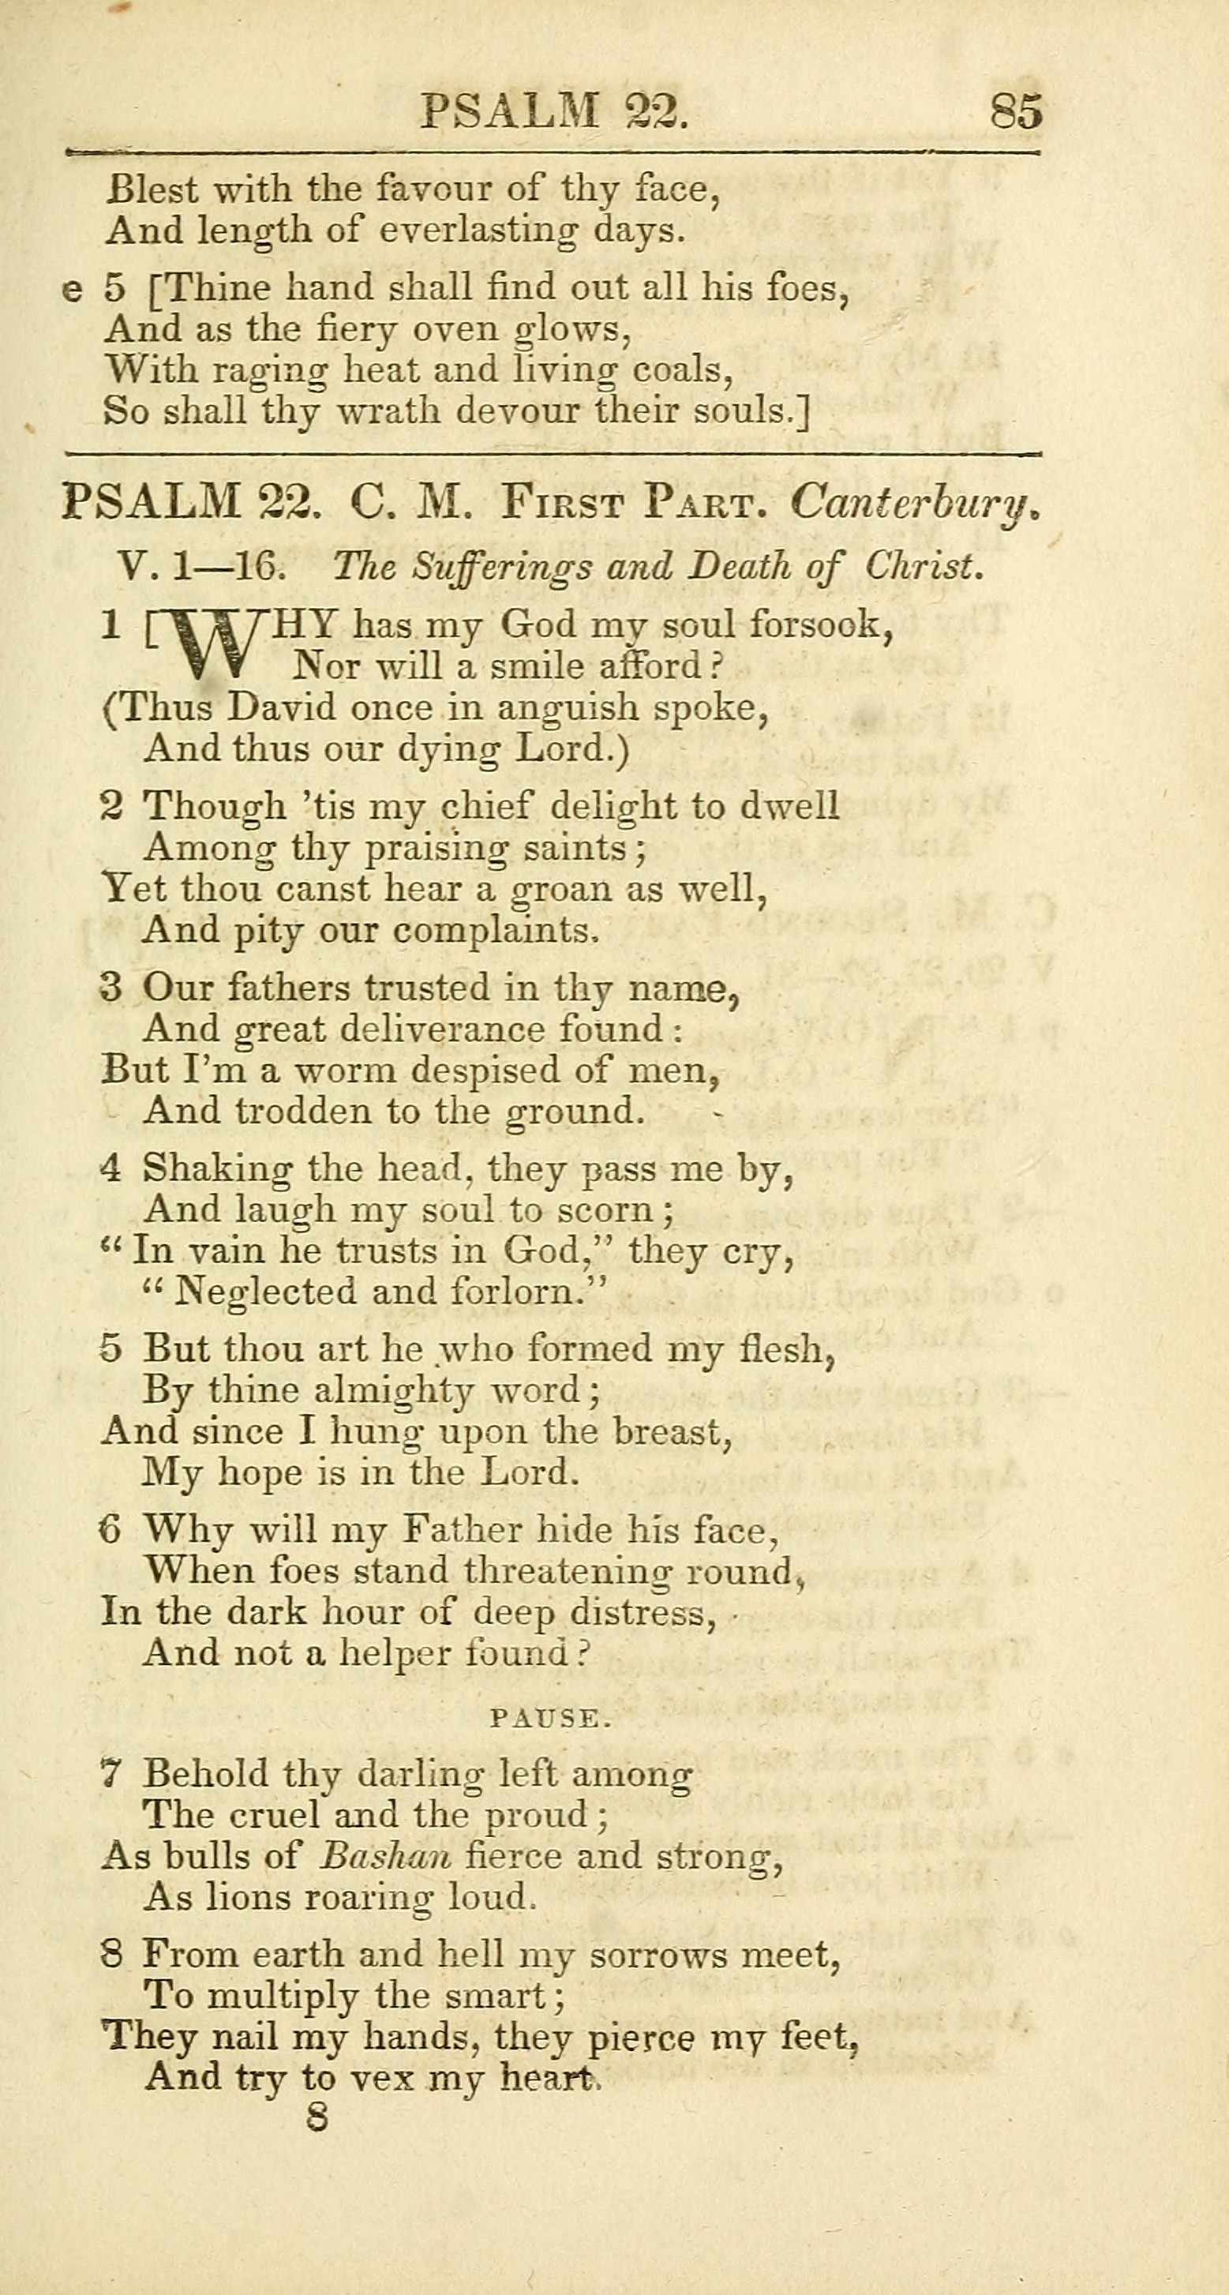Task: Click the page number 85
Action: (x=1015, y=113)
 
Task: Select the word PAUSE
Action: (x=550, y=1718)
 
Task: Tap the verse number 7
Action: (x=110, y=1774)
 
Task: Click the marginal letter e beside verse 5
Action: (x=73, y=290)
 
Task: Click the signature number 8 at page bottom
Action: (x=317, y=2116)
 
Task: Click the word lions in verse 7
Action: (x=248, y=1898)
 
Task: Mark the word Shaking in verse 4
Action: (x=217, y=1169)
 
